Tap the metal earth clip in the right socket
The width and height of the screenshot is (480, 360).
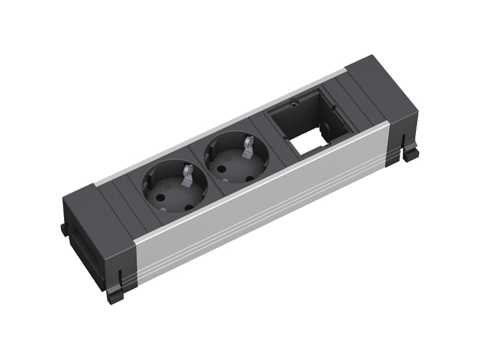click(x=247, y=148)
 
